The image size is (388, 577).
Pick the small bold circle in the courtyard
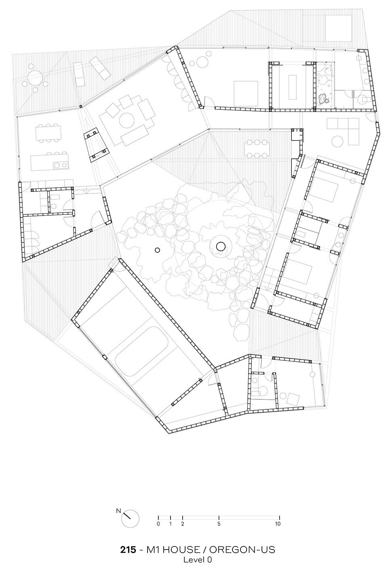tap(157, 250)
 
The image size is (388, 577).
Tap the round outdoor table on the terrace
tap(35, 77)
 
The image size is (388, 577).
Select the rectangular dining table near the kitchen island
tap(49, 133)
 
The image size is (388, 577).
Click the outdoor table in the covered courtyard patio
tap(257, 149)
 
